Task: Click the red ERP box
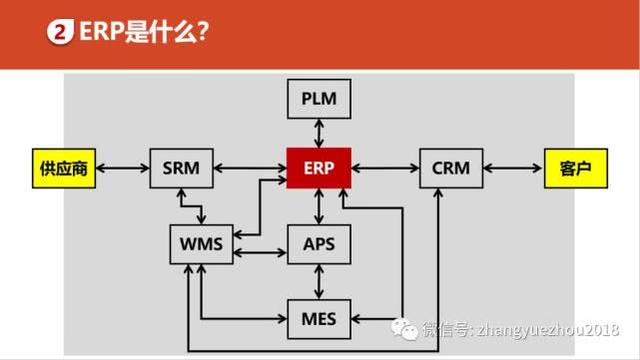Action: pos(318,167)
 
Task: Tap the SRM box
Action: pos(181,167)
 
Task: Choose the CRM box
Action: pos(451,167)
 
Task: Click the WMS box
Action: pos(201,243)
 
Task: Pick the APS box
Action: pos(318,243)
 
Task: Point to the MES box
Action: pos(318,318)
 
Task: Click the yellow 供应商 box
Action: pos(60,167)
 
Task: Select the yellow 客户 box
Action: pos(576,167)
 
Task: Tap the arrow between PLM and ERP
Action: pos(318,132)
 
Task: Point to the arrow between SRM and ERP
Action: pos(250,167)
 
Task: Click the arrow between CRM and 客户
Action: pos(514,167)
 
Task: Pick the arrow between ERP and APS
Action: pos(318,205)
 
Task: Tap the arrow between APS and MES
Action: pos(318,280)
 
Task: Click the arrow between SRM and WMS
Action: pos(201,206)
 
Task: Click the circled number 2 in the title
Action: pos(62,33)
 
